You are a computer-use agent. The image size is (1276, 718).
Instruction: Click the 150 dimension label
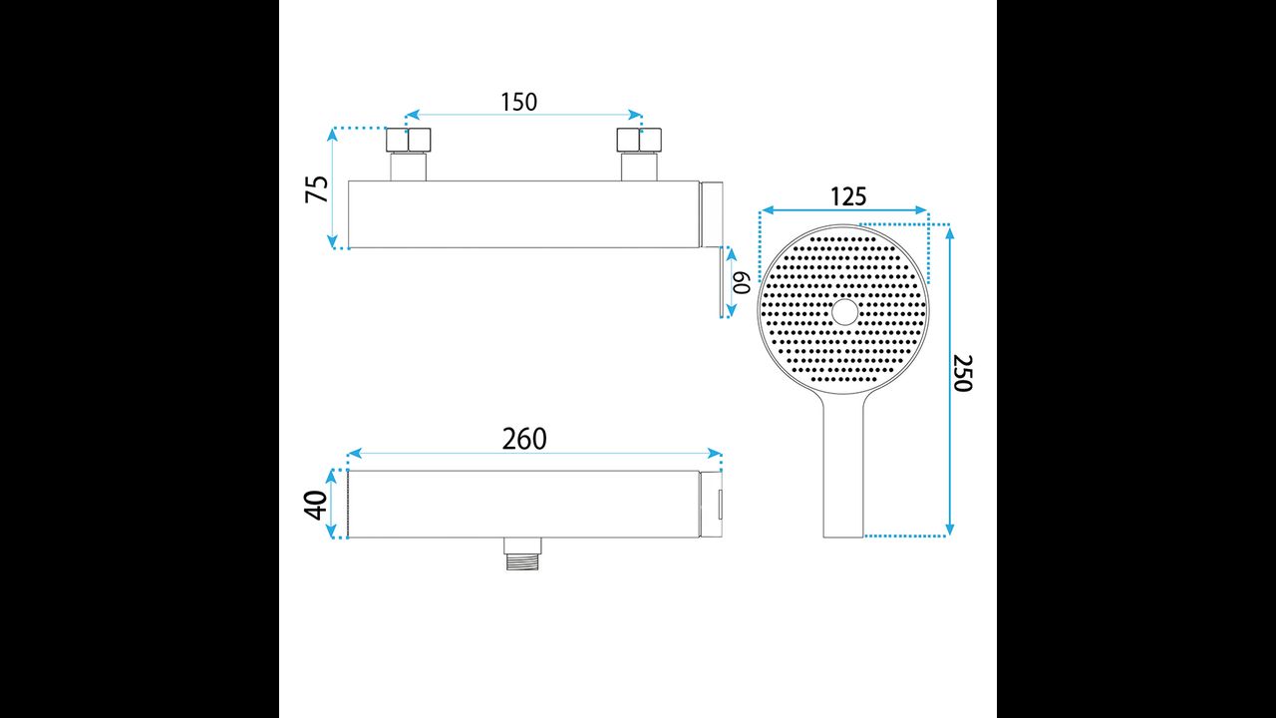point(518,102)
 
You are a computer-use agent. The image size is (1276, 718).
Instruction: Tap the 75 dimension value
point(317,189)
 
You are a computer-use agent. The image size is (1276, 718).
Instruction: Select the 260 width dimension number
point(524,439)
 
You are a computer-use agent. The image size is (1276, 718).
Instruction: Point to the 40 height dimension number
point(316,506)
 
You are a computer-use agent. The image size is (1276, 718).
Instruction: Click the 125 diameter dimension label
point(848,196)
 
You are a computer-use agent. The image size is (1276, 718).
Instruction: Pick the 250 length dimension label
point(963,373)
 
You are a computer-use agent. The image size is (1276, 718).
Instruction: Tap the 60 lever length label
point(742,282)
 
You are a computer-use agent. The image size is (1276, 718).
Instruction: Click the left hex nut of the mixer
point(409,141)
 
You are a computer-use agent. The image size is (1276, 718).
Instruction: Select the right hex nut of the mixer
point(639,141)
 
